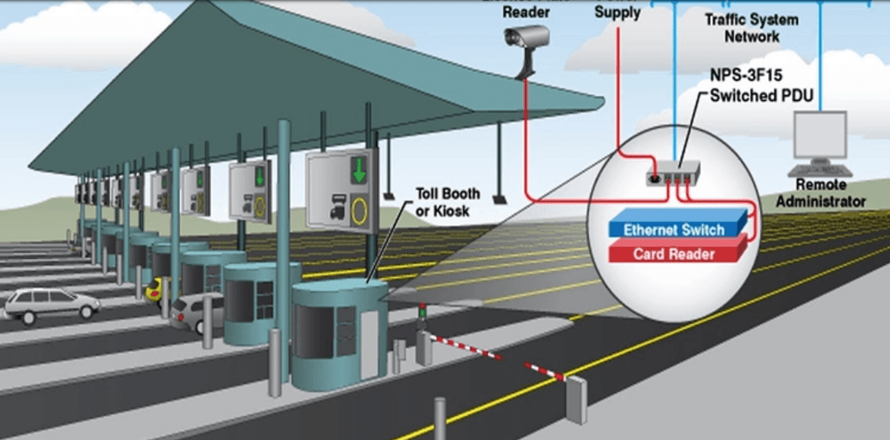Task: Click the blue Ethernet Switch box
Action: click(675, 230)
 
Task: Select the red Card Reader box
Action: click(674, 254)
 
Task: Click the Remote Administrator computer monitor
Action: click(820, 136)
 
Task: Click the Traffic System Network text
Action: click(751, 27)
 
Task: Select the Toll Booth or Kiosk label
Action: click(447, 201)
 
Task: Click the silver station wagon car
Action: click(50, 304)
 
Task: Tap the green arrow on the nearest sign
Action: click(358, 170)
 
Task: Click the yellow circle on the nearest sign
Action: click(359, 212)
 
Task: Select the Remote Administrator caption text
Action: click(819, 195)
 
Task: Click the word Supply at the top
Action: click(617, 12)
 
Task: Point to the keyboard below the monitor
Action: click(819, 170)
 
